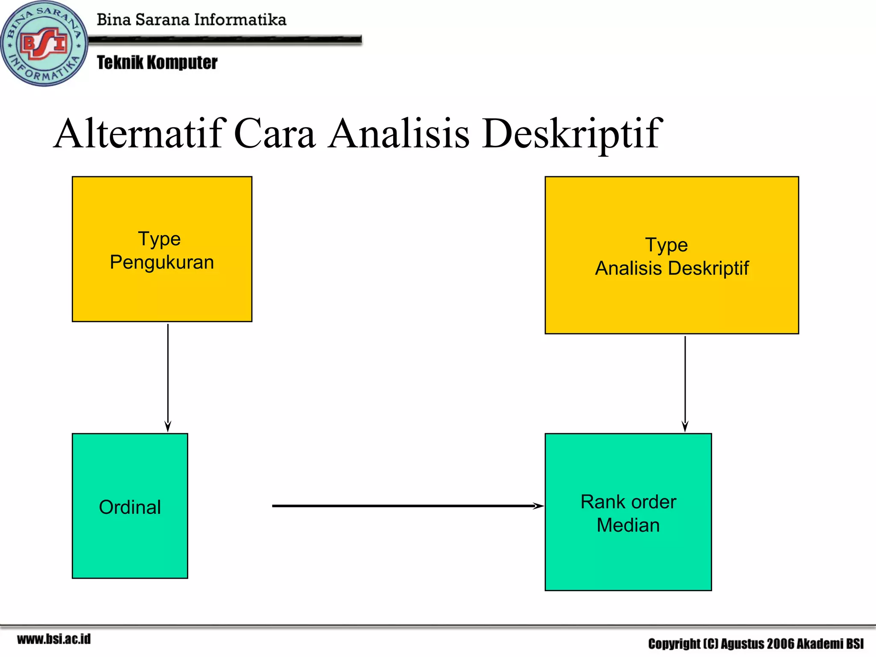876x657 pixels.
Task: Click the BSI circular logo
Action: (x=44, y=44)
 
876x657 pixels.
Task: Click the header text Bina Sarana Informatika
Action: (x=191, y=20)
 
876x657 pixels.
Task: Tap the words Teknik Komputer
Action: (x=157, y=62)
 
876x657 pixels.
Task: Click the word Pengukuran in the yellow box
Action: (x=162, y=262)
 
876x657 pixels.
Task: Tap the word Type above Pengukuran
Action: (x=159, y=239)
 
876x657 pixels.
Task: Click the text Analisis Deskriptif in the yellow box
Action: (x=672, y=268)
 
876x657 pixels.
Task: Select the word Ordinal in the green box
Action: (x=130, y=507)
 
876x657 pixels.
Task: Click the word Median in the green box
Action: (x=628, y=525)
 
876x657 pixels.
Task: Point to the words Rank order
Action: (x=628, y=502)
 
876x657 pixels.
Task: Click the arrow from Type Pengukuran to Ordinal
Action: (x=168, y=376)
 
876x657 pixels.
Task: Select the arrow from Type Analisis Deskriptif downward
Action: (x=685, y=383)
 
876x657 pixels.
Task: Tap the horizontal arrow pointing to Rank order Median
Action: (x=406, y=506)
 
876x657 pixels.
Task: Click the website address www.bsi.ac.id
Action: (x=54, y=639)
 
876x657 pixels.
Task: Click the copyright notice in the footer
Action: (x=755, y=643)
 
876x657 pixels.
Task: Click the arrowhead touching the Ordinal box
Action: (x=168, y=427)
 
